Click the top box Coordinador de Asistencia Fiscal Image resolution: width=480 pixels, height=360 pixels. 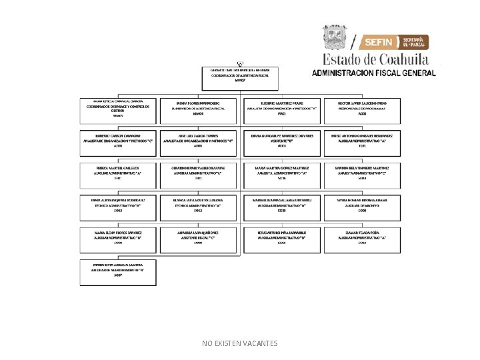pyautogui.click(x=241, y=77)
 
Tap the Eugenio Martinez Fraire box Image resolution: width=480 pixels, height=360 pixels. pyautogui.click(x=281, y=111)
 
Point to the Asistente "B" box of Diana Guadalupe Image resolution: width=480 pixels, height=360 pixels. pyautogui.click(x=281, y=142)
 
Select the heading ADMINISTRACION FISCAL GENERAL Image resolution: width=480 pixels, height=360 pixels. pyautogui.click(x=374, y=71)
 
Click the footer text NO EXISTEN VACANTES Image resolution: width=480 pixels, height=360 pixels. pyautogui.click(x=240, y=343)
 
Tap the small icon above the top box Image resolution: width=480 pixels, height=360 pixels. pyautogui.click(x=239, y=62)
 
